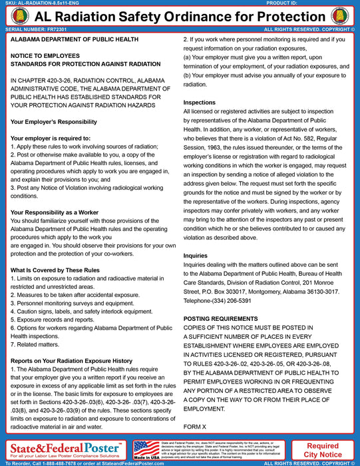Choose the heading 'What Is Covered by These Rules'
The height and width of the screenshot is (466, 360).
pos(55,270)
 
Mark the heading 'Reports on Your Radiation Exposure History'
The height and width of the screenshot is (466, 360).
pos(71,361)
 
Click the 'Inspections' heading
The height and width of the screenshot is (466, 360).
pos(200,103)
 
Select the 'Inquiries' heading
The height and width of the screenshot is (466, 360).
pos(196,255)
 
